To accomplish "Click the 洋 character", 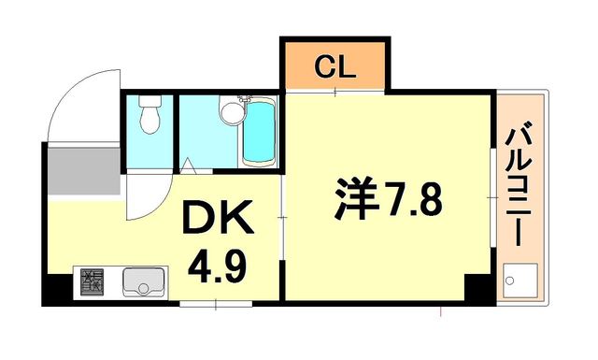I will click(x=356, y=199).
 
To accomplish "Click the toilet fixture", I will click(x=148, y=117).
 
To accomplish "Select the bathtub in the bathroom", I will click(x=259, y=134).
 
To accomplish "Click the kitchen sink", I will click(x=143, y=281).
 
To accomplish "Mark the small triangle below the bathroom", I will click(x=187, y=168).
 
